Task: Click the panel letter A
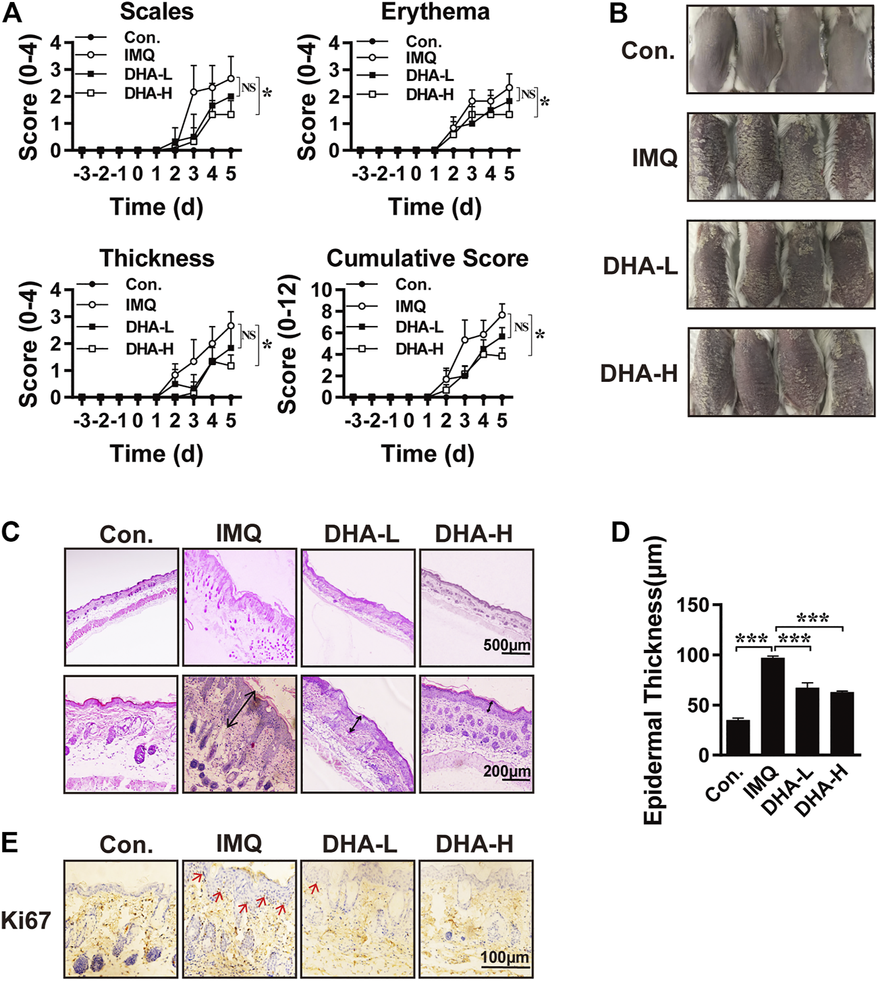coord(13,13)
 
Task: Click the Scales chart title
coord(157,11)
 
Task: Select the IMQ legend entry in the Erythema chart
coord(421,58)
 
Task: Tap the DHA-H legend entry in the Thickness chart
coord(149,349)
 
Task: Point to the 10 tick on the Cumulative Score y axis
coord(323,290)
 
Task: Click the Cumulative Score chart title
coord(427,258)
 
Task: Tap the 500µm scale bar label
coord(507,645)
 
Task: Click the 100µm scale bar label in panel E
coord(505,958)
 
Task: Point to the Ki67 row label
coord(26,920)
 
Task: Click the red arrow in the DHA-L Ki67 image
coord(314,889)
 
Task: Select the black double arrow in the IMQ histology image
coord(241,708)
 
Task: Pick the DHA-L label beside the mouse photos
coord(640,267)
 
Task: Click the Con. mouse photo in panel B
coord(780,49)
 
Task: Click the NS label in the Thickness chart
coord(248,335)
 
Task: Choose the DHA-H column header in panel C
coord(474,534)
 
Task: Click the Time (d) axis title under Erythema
coord(435,207)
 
